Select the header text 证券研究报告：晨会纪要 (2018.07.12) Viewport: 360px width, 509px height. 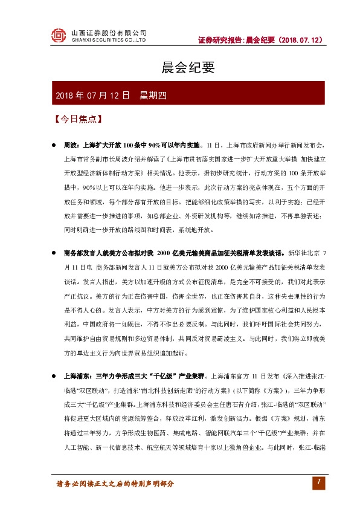click(260, 40)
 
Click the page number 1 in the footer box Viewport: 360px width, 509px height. click(316, 481)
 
